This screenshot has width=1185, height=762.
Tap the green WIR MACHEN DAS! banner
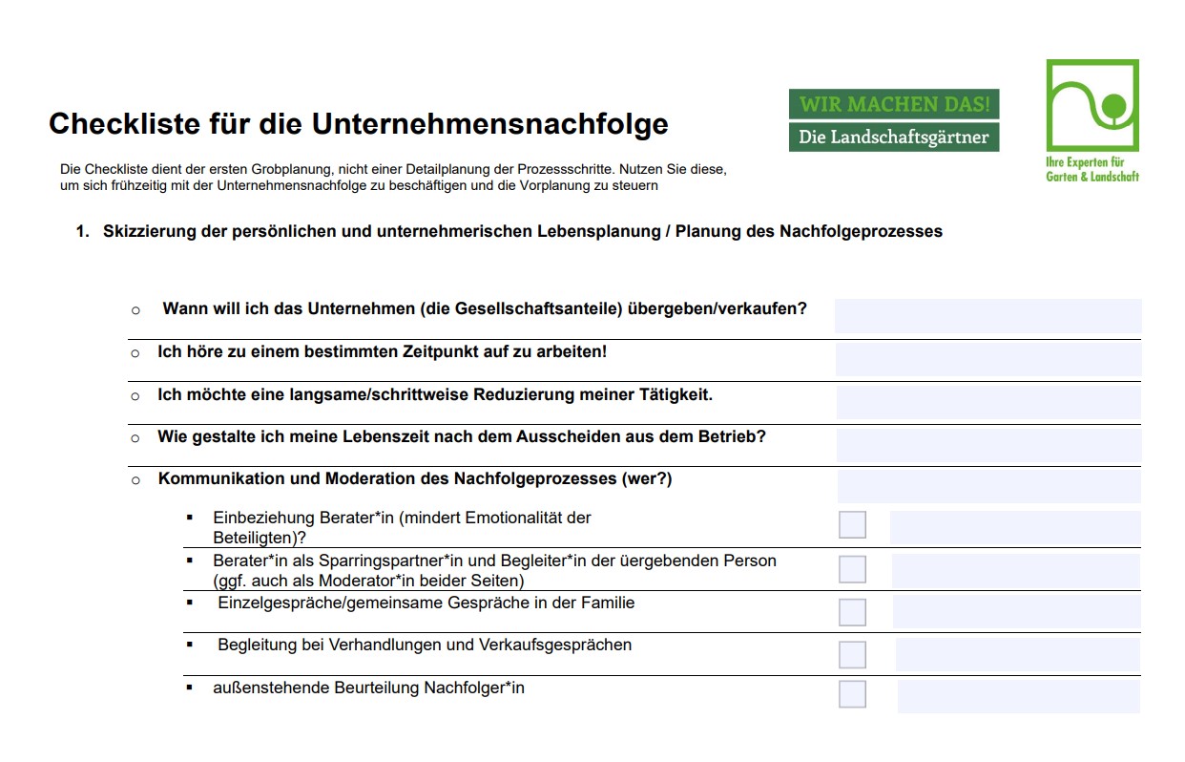pos(893,103)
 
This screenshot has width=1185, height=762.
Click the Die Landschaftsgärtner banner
pos(893,138)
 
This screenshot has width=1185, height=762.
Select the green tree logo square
pos(1091,104)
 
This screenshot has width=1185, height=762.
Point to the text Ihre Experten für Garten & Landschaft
pos(1092,169)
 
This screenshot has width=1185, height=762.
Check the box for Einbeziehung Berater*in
pos(852,525)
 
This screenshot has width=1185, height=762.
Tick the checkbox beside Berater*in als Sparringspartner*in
pos(852,569)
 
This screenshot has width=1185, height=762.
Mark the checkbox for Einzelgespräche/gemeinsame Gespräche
pos(852,612)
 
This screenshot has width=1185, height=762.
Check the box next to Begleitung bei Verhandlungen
pos(852,654)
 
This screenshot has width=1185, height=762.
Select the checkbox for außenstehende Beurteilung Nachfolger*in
pos(852,694)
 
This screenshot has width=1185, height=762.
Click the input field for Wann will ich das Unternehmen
pos(987,316)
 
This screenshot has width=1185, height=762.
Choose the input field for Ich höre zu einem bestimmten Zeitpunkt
pos(987,359)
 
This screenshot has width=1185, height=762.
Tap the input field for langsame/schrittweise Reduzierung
pos(987,402)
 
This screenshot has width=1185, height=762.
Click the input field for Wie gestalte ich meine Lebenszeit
pos(987,445)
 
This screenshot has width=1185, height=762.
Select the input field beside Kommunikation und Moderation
pos(988,486)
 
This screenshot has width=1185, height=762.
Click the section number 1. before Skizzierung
pos(82,232)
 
